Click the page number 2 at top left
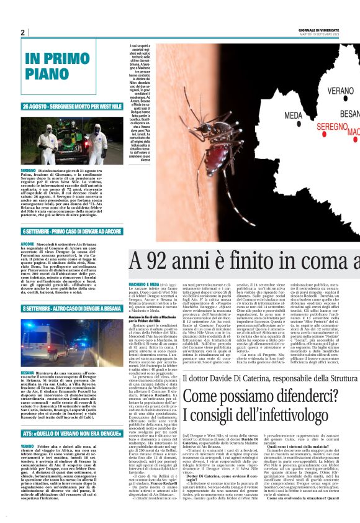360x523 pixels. (22, 32)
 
